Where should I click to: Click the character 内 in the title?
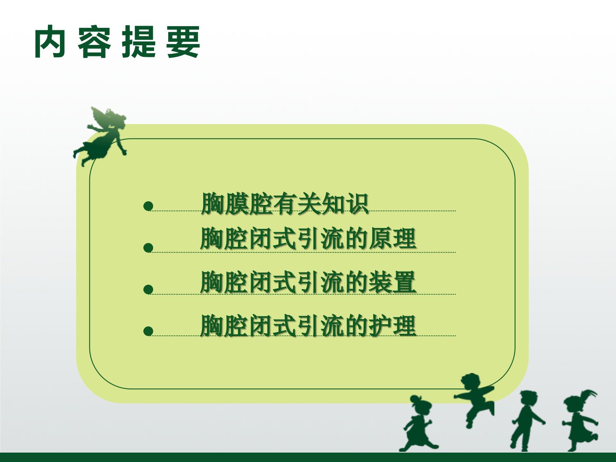(50, 41)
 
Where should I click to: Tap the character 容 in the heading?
(94, 41)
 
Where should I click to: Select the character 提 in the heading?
(139, 41)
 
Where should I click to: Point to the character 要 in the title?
(183, 41)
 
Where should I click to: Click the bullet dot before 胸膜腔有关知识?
(148, 206)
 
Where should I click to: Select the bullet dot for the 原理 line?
(148, 248)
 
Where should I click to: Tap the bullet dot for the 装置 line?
(148, 290)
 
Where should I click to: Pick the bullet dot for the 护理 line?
(148, 331)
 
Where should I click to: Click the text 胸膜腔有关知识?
(284, 204)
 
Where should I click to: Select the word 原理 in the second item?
(392, 239)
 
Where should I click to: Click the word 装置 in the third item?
(392, 282)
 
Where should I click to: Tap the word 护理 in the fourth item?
(392, 326)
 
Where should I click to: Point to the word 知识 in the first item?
(345, 204)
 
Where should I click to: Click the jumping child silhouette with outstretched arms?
(474, 400)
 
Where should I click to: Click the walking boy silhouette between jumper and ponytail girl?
(527, 421)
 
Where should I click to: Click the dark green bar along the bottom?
(308, 457)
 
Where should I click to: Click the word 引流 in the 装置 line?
(320, 282)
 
